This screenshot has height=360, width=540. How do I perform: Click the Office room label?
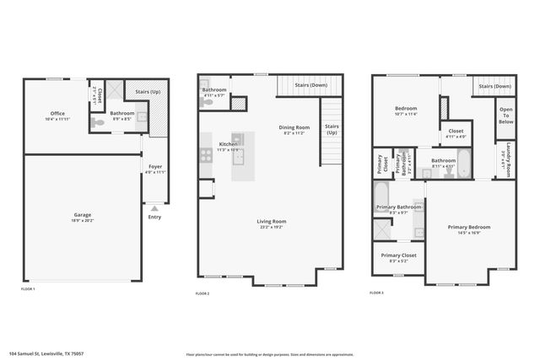(x=57, y=113)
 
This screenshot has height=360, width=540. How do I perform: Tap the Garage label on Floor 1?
(x=82, y=215)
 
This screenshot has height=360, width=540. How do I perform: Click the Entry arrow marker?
(x=154, y=206)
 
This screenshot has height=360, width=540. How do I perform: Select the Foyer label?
(x=155, y=167)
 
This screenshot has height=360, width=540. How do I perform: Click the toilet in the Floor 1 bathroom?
(x=142, y=118)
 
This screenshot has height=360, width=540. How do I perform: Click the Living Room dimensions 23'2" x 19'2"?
(x=272, y=228)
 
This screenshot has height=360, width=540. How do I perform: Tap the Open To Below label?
(x=505, y=115)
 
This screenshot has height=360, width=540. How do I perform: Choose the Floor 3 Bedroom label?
(x=407, y=109)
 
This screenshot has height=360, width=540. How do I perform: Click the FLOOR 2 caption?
(x=202, y=293)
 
